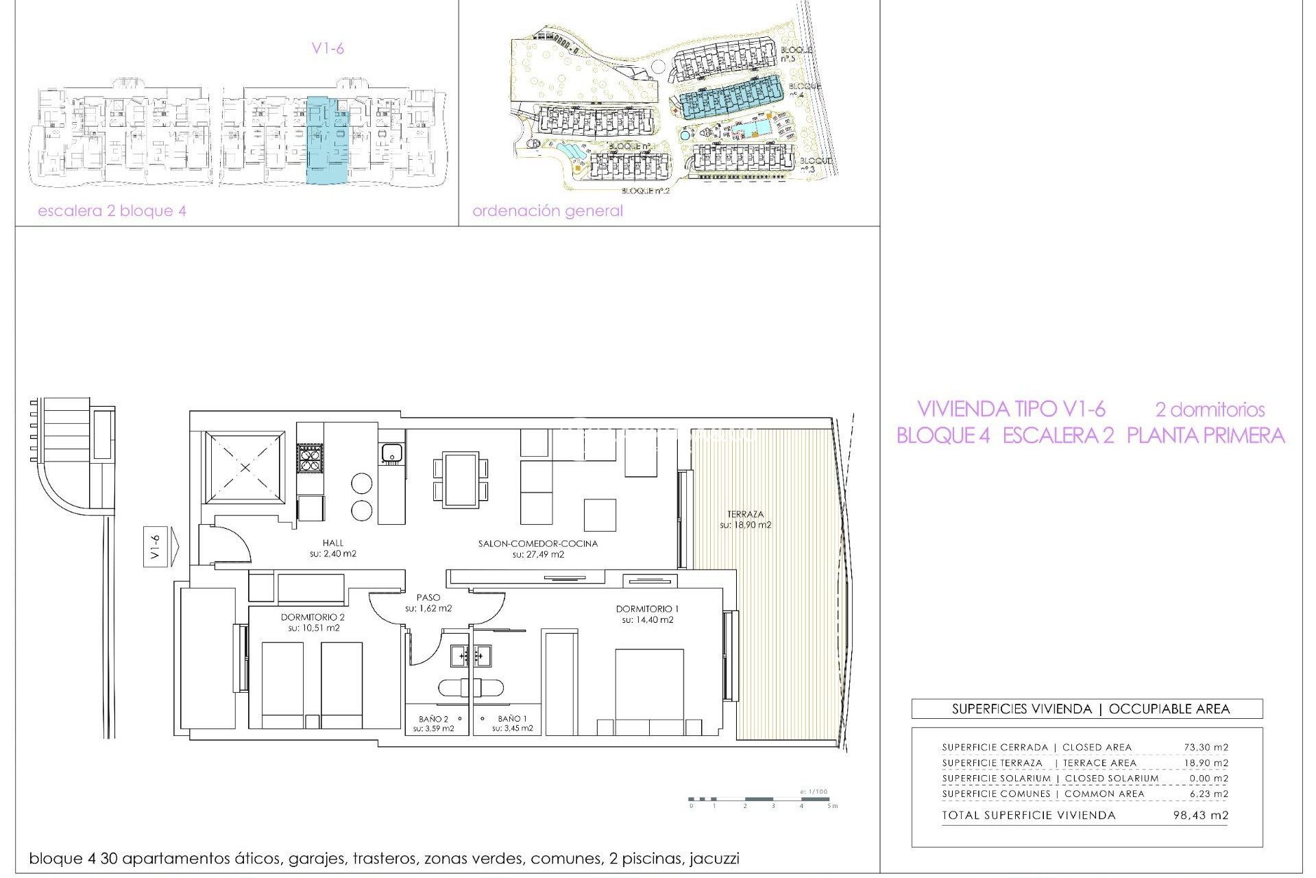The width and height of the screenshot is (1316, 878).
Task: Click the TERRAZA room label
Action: coord(745,514)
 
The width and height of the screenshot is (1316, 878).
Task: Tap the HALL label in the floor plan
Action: coord(333,543)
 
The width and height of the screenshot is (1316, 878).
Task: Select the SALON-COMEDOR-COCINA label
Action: coord(538,543)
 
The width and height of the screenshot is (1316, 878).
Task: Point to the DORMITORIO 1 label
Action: coord(647,609)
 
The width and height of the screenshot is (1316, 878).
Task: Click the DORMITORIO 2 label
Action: coord(313,617)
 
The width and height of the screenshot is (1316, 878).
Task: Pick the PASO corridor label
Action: coord(428,597)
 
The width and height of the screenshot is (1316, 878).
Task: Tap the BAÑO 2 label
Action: coord(433,719)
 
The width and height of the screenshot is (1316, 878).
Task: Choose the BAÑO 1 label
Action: coord(512,719)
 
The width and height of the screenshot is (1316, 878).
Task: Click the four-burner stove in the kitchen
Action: coord(310,458)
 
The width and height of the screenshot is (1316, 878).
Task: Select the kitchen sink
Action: coord(392,453)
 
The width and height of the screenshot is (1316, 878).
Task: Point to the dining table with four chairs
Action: coord(461,479)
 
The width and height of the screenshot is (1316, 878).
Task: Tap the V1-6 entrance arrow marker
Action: coord(161,547)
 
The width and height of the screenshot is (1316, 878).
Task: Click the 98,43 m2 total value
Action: coord(1200,816)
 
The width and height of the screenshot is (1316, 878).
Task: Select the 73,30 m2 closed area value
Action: coord(1206,747)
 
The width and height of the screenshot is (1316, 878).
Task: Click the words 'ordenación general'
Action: coord(548,211)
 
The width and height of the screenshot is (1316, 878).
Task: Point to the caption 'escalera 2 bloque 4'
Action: coord(112,211)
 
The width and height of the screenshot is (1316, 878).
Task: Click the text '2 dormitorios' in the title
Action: coord(1210,410)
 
